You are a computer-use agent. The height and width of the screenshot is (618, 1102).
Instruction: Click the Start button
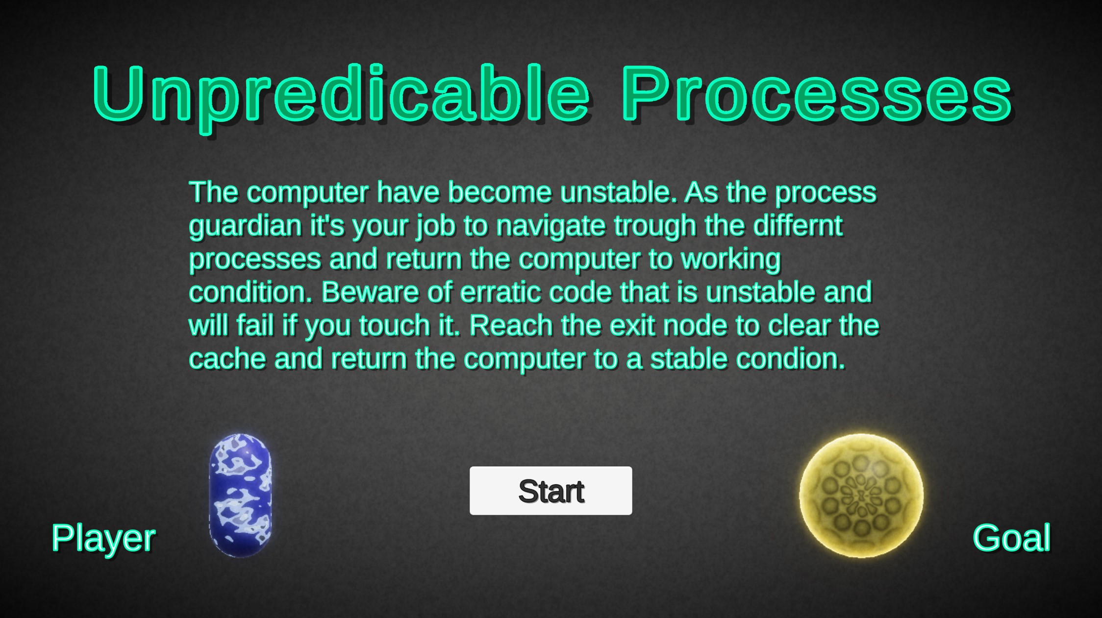tap(551, 491)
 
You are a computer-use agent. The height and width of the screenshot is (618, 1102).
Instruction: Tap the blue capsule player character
tap(240, 495)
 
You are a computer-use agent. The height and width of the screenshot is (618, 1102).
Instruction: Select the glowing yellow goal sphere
tap(861, 495)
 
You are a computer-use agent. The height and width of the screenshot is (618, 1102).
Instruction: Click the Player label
tap(103, 538)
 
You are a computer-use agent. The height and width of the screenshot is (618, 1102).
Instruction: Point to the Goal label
tap(1011, 538)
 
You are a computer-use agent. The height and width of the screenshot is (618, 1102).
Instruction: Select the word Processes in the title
tap(816, 94)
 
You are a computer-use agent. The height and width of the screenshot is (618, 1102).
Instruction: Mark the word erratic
tap(501, 292)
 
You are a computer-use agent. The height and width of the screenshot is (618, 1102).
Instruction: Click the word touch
tap(394, 326)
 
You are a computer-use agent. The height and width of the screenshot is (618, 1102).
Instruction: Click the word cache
tap(227, 359)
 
